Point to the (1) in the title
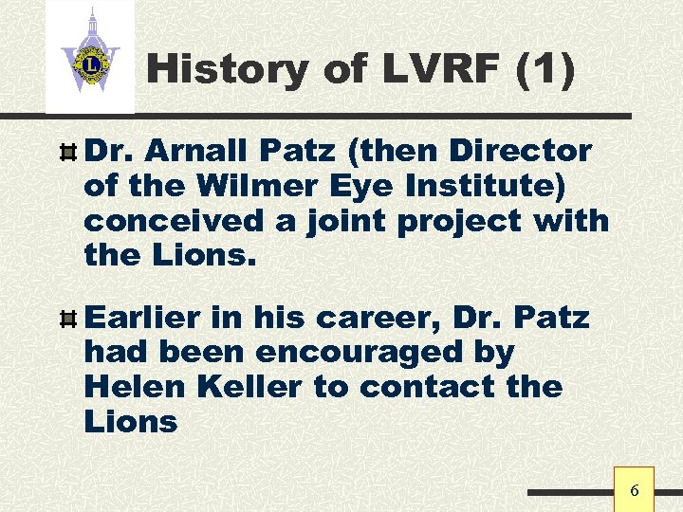pos(545,69)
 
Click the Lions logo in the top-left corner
pos(90,58)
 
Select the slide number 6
pos(635,490)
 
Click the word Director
pos(520,151)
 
